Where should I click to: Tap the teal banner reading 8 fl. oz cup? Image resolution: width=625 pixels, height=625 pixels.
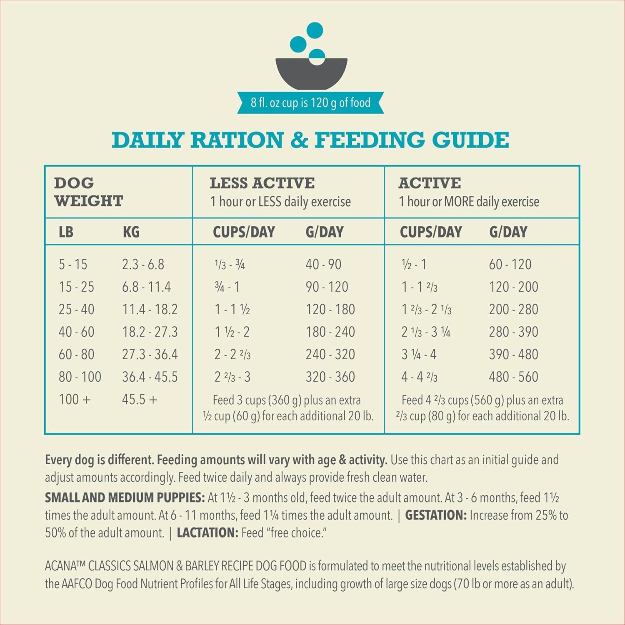[310, 102]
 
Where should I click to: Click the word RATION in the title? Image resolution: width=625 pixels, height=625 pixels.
[237, 140]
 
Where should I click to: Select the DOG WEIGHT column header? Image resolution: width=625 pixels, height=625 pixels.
[88, 192]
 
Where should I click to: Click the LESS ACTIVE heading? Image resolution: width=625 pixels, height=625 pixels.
[262, 183]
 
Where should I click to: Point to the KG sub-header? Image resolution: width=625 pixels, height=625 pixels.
[131, 232]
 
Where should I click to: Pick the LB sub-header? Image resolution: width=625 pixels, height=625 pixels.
[66, 232]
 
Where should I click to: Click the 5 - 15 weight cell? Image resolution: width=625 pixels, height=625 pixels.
[73, 264]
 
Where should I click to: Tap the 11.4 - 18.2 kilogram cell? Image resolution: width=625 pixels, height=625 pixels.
[150, 309]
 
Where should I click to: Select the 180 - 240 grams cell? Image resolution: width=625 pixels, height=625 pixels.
[330, 332]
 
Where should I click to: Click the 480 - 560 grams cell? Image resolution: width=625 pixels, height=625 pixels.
[513, 377]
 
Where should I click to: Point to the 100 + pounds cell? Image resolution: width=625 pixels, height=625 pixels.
[75, 399]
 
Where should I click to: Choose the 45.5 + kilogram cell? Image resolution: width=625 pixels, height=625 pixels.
[140, 399]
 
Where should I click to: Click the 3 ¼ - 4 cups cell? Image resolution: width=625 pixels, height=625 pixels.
[419, 354]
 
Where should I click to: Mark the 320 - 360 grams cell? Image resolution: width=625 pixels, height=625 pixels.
[330, 377]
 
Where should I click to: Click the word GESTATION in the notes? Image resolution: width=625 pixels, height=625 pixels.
[435, 515]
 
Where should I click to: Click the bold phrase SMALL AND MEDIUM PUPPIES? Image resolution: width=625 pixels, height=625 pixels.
[125, 497]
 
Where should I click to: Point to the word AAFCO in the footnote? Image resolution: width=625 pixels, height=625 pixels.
[77, 584]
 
